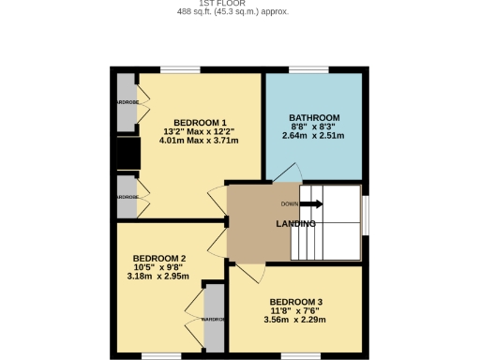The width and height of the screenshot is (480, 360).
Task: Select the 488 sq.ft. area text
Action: coord(232,12)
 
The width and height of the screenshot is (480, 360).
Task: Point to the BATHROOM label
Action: coord(313,118)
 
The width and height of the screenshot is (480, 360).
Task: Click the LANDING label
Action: coord(294,224)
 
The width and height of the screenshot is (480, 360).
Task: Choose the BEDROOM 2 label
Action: coord(158,258)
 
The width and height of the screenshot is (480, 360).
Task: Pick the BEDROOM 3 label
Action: coord(283,302)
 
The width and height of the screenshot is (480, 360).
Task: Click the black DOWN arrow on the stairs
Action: coord(312,203)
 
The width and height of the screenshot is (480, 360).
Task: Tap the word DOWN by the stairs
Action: coord(290,203)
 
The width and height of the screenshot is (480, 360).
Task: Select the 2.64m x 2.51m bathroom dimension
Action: coord(313,136)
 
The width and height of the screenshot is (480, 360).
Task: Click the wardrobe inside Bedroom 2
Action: coord(214,319)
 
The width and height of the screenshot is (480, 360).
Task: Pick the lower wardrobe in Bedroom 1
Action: coord(126,197)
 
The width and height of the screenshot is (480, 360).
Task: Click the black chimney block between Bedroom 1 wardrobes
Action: coord(126,154)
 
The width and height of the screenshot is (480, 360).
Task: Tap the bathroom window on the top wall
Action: coord(307,69)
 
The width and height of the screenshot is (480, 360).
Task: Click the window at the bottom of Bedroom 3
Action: coord(301,355)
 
